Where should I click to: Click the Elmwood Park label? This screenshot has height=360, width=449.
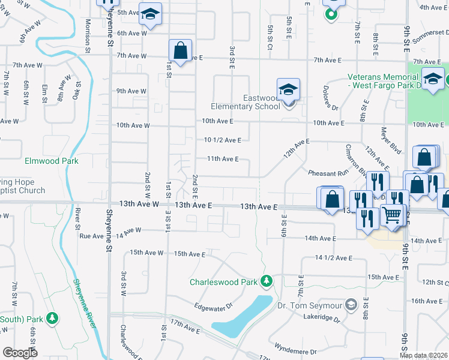point(51,161)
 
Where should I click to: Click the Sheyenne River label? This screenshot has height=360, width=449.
point(84,303)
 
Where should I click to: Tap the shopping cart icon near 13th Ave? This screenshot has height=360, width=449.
point(392,215)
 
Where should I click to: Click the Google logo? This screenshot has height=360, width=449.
point(20,352)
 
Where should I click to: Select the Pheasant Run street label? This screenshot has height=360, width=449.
point(328,173)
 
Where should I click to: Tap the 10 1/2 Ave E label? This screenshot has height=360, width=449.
point(222,140)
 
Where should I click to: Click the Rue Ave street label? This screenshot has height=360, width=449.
point(92,236)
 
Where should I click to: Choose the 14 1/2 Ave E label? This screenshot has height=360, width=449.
point(333,257)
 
